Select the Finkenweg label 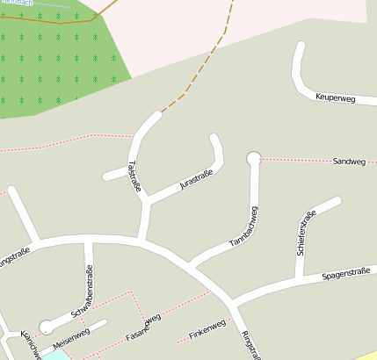tap(207, 328)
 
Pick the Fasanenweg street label tap(143, 328)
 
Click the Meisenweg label tap(72, 334)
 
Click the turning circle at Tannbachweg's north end tap(254, 158)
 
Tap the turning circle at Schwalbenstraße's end tap(46, 327)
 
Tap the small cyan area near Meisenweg tap(54, 355)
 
